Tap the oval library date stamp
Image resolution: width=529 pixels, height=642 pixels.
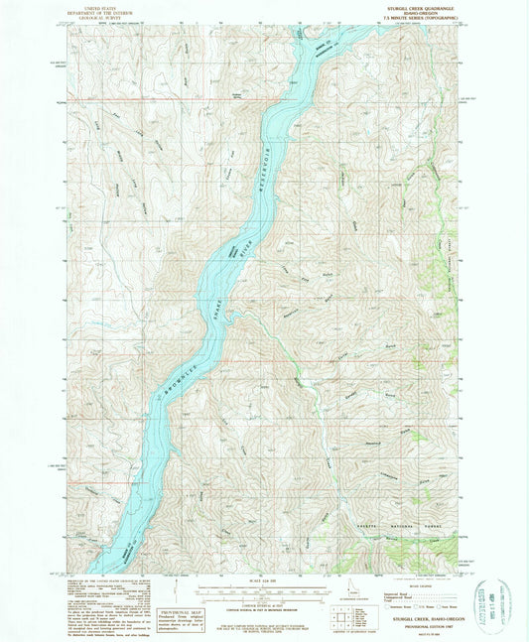(x=506, y=600)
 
